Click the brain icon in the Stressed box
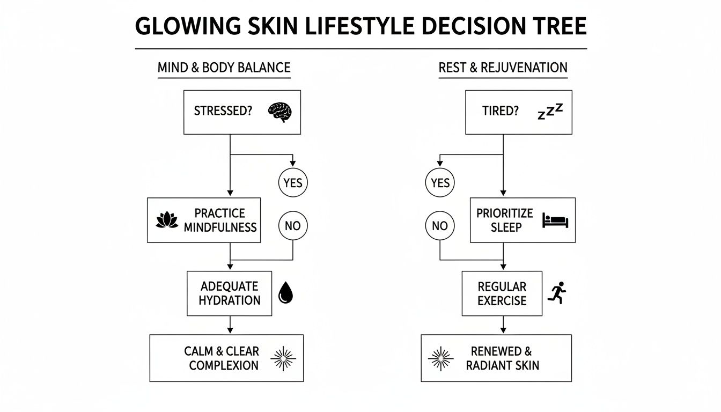click(279, 112)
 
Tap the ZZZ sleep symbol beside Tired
click(550, 112)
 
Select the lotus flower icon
click(167, 220)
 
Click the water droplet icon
click(286, 293)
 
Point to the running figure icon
click(557, 293)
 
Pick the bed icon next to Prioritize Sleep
click(555, 220)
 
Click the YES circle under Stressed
click(293, 183)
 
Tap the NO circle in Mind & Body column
click(293, 226)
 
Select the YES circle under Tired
click(440, 183)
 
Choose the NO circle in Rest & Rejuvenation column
click(440, 226)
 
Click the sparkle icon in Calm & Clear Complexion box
click(283, 359)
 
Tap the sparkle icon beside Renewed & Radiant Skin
click(440, 359)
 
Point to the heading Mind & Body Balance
click(224, 68)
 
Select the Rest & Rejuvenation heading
click(503, 68)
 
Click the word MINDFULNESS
click(220, 227)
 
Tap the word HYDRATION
click(229, 300)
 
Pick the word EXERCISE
click(502, 300)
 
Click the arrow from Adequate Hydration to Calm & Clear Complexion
click(230, 325)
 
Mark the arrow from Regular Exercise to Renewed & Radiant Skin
click(503, 325)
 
